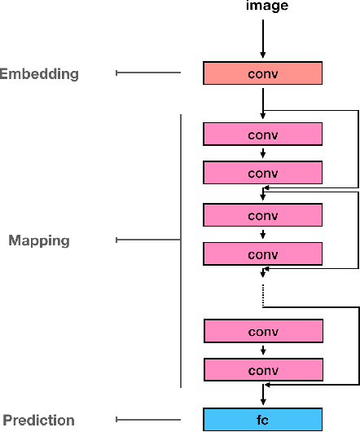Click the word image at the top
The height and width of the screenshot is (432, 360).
click(263, 7)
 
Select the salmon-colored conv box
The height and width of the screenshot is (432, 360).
click(263, 73)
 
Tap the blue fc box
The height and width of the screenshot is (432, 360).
click(263, 420)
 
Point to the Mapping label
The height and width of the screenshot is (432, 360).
click(39, 240)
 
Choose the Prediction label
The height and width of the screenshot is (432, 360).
click(38, 421)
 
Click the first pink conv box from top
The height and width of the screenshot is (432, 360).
click(263, 134)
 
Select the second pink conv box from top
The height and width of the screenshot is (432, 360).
click(263, 173)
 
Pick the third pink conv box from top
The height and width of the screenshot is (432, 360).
click(263, 215)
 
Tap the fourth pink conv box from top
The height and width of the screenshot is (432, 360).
click(263, 254)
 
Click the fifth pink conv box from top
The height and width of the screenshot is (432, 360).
click(263, 332)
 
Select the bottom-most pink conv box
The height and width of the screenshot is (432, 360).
click(263, 370)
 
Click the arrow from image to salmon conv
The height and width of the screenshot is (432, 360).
click(263, 37)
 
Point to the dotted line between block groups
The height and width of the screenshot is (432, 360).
click(263, 295)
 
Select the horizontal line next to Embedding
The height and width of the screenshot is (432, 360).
click(148, 73)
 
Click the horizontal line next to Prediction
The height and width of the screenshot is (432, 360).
click(148, 420)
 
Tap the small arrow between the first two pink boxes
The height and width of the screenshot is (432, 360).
click(263, 153)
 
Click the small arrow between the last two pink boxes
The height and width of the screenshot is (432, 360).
click(263, 351)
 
